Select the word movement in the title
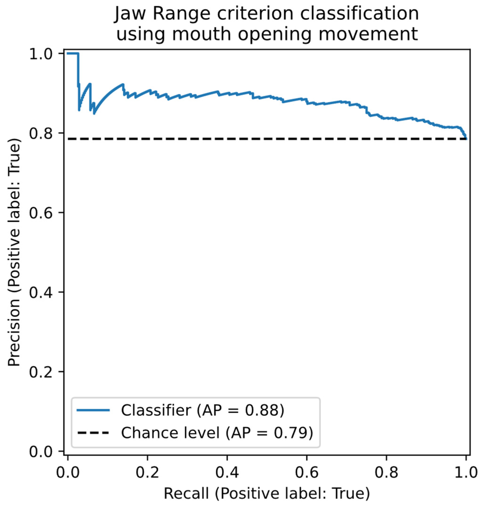click(x=368, y=34)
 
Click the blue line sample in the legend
click(x=93, y=410)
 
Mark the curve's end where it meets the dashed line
click(x=466, y=138)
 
